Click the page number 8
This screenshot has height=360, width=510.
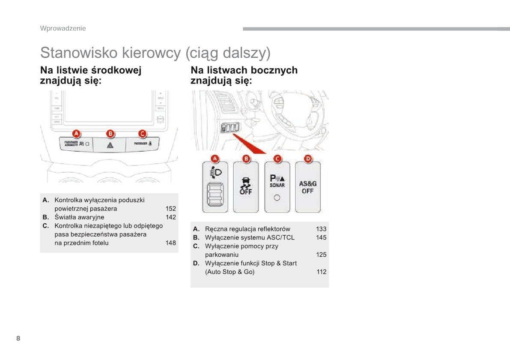point(18,338)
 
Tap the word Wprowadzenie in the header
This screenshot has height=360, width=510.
point(63,28)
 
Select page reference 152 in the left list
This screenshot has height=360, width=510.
point(170,209)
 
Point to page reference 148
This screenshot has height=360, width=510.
point(170,243)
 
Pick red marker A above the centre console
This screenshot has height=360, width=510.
point(77,133)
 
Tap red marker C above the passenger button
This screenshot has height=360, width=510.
point(142,133)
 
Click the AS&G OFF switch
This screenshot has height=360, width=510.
point(307,187)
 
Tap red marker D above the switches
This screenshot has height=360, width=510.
point(308,159)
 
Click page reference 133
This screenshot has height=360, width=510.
point(321,229)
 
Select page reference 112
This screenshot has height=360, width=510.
point(321,272)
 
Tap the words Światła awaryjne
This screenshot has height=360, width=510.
point(79,217)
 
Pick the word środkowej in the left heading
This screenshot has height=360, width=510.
point(116,70)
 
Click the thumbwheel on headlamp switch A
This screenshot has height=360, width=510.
point(215,195)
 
